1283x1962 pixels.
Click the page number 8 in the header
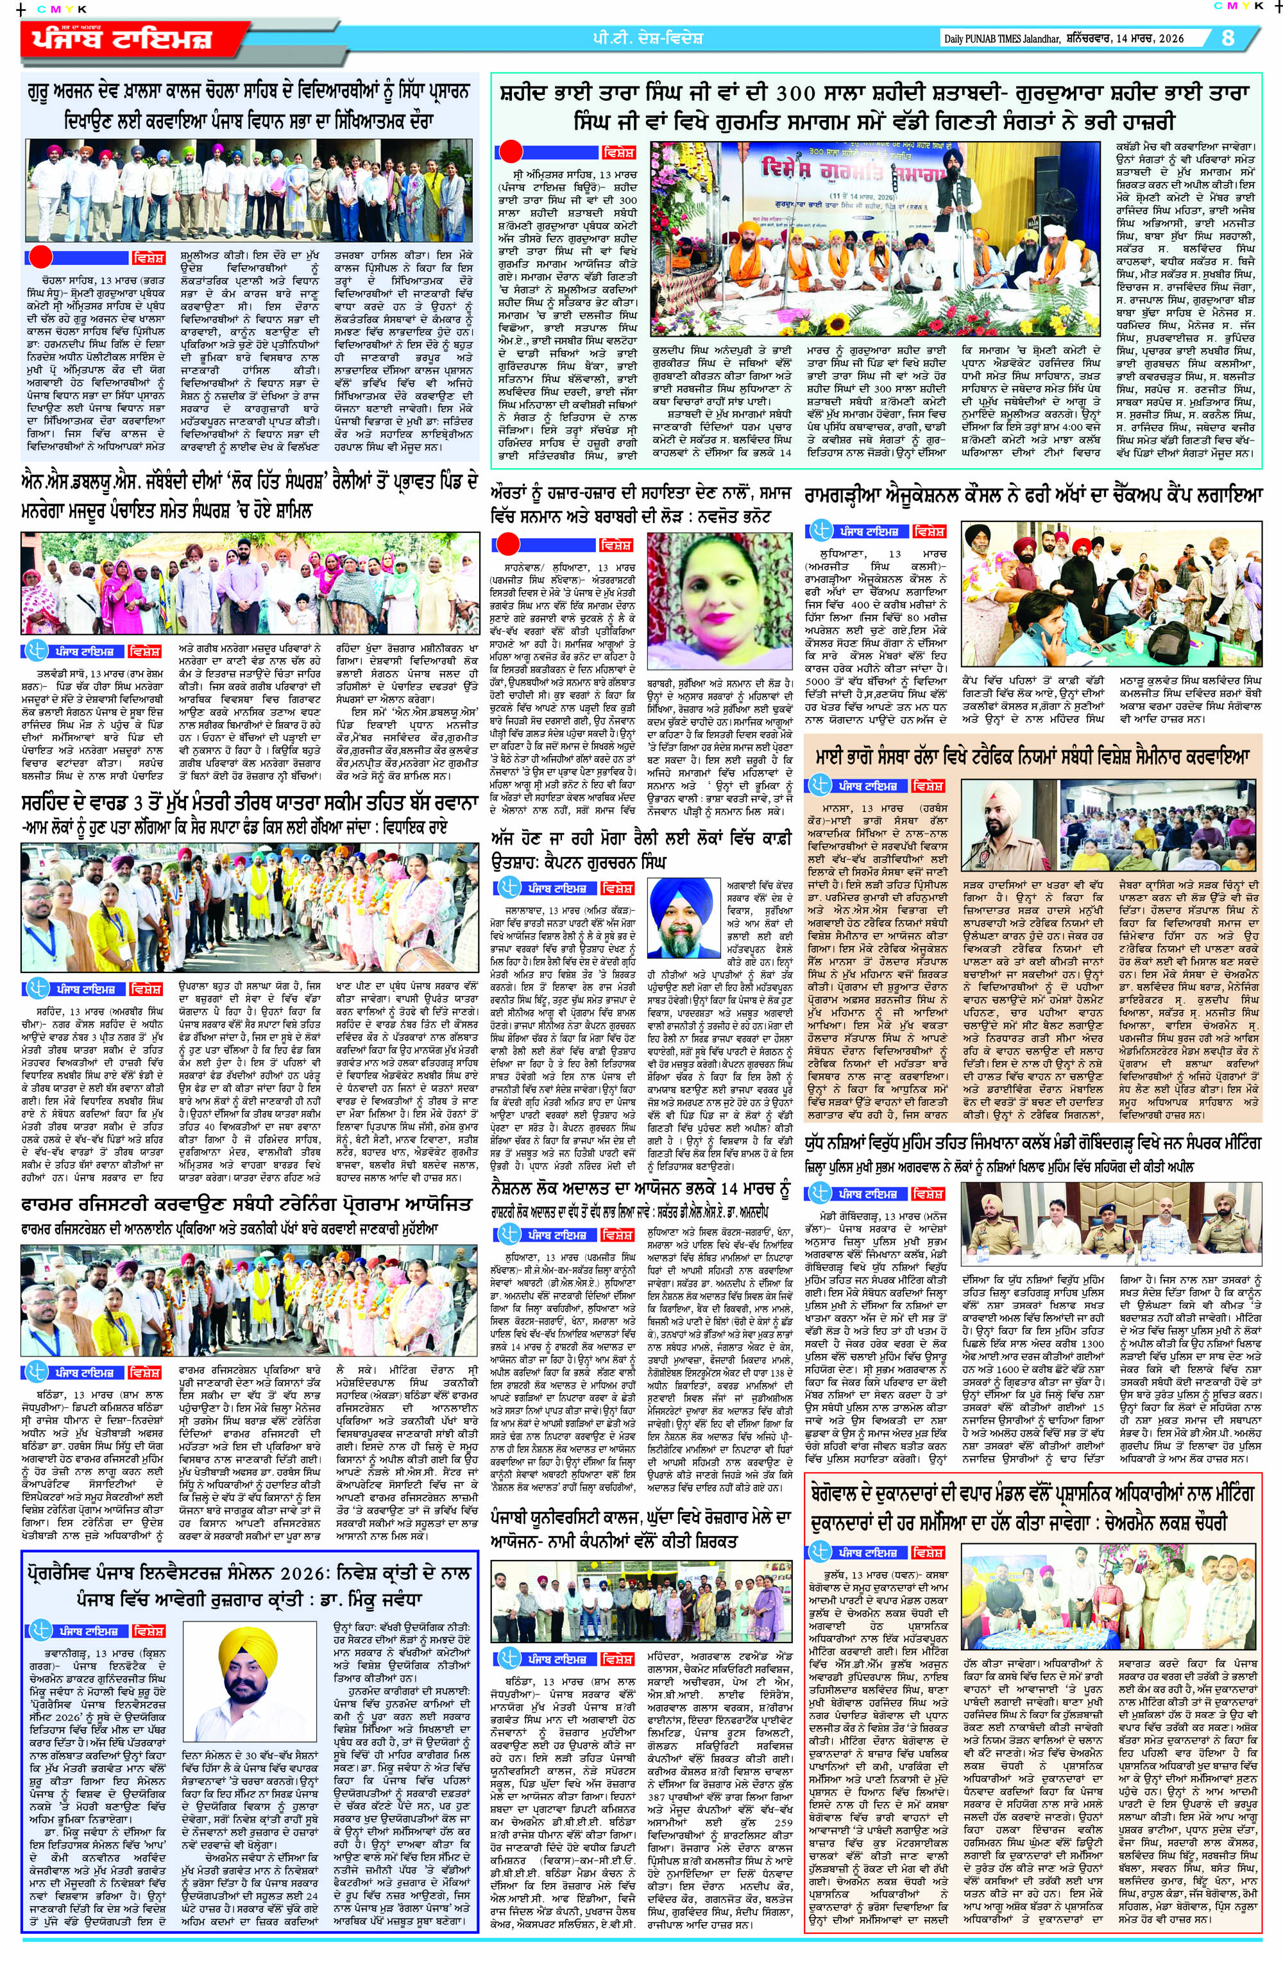(x=1228, y=38)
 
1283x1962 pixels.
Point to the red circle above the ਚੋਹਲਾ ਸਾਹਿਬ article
(x=40, y=257)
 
